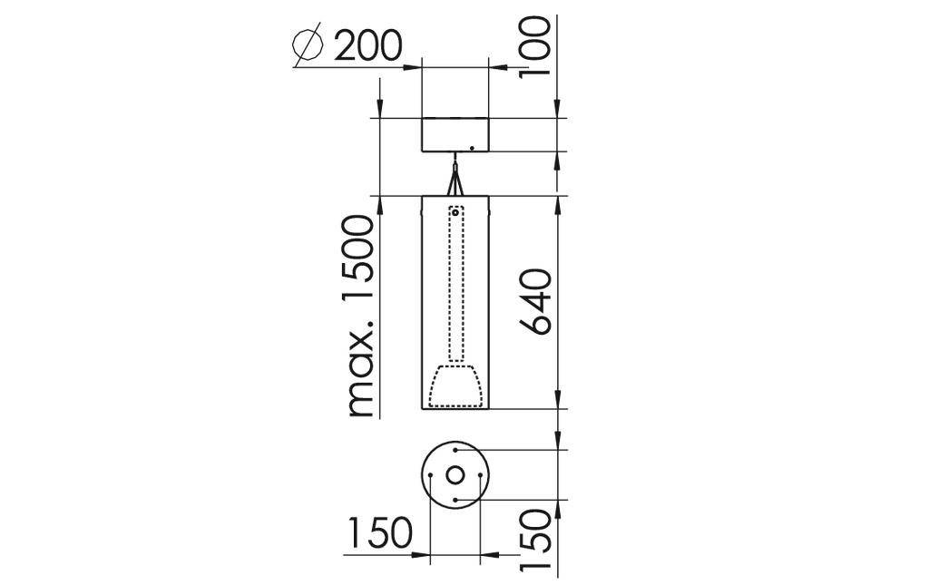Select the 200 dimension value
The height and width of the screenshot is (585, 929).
[367, 45]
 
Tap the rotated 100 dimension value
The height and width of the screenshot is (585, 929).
[534, 46]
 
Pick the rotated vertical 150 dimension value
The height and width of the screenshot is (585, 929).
[534, 539]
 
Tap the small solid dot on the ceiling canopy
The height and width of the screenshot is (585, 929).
[472, 148]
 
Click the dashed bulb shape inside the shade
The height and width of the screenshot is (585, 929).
[455, 385]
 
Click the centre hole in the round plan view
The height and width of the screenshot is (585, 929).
[455, 474]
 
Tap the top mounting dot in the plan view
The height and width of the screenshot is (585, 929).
[455, 449]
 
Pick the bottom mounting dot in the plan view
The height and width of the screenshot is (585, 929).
[455, 500]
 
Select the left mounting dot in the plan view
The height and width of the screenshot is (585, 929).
[430, 474]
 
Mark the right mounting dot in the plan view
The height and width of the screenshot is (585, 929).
[481, 474]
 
